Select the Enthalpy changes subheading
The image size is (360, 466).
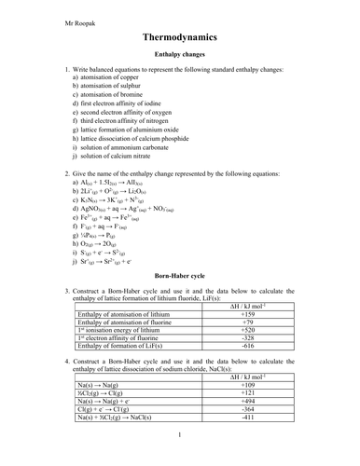point(179,58)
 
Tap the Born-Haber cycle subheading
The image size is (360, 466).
point(179,278)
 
